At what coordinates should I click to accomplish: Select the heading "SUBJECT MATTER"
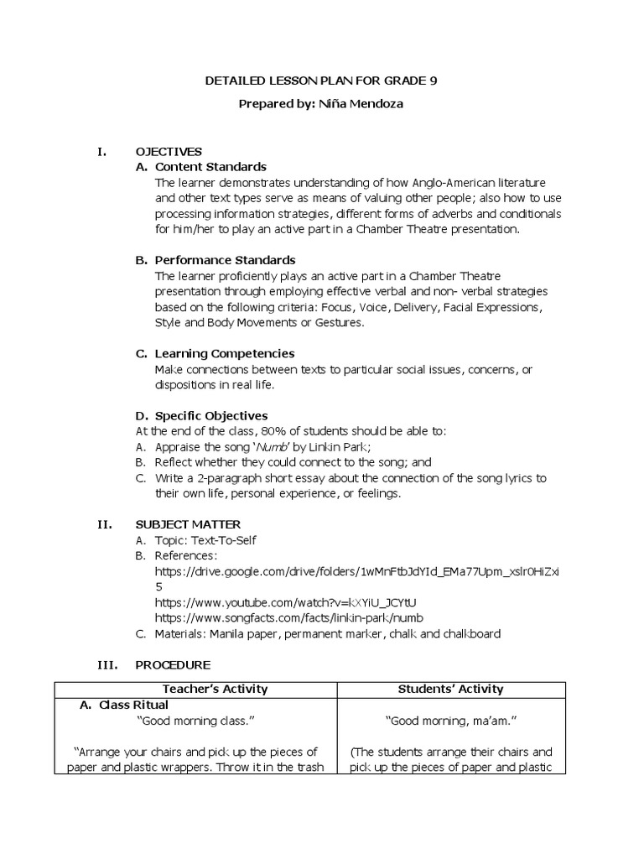coord(188,524)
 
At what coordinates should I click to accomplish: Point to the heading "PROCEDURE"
coord(173,664)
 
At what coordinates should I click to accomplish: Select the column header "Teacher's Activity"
coord(195,690)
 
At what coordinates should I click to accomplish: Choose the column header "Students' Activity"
coord(449,690)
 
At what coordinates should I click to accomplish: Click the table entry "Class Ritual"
coord(133,705)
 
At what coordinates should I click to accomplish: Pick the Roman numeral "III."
coord(106,664)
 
